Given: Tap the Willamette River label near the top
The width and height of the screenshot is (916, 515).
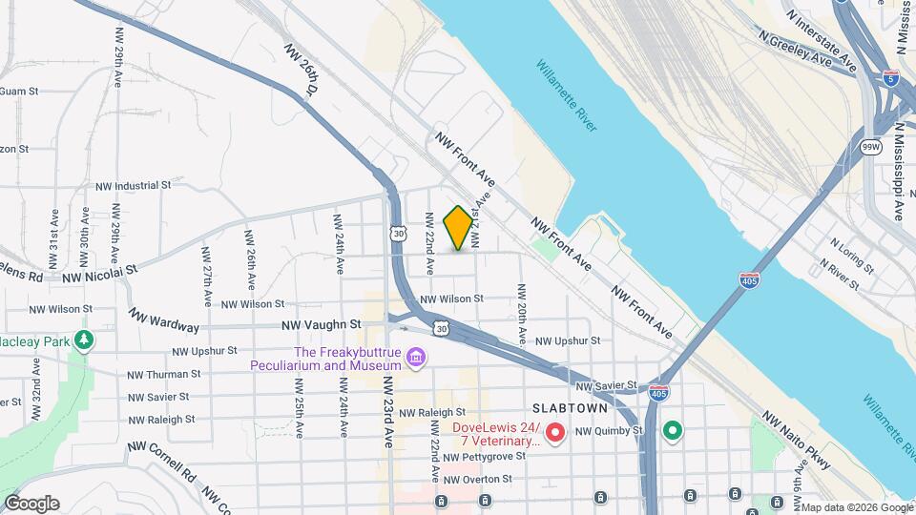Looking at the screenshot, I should click(567, 95).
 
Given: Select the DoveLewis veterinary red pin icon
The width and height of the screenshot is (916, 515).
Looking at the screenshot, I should click(555, 435).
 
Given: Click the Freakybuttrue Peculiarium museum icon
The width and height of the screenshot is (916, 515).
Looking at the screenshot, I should click(415, 359).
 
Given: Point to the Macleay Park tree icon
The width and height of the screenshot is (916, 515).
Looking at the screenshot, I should click(85, 340).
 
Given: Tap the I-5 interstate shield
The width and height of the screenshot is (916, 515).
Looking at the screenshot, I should click(890, 79).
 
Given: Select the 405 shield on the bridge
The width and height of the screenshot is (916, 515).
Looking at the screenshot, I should click(749, 279).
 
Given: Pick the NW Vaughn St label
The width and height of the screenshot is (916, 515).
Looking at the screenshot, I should click(321, 324).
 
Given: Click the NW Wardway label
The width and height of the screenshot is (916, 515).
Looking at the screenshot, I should click(164, 320).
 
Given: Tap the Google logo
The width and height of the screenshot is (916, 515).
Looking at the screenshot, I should click(31, 504).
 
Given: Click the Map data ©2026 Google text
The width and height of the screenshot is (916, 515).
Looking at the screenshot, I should click(856, 507).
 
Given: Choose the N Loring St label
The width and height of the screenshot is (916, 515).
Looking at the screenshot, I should click(849, 257).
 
